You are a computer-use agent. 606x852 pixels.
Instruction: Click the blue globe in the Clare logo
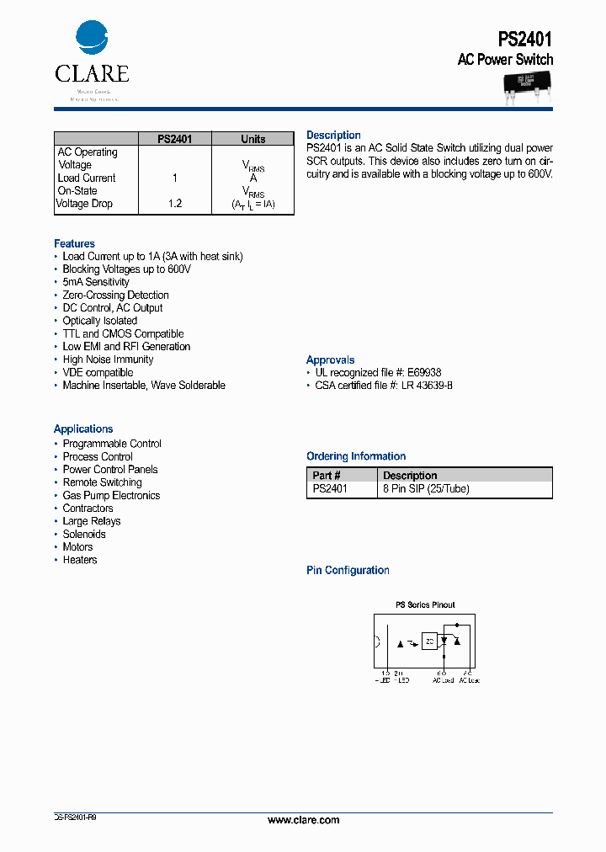click(x=92, y=39)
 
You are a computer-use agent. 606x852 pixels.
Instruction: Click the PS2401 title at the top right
click(x=525, y=39)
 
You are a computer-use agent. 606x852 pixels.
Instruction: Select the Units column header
click(x=252, y=139)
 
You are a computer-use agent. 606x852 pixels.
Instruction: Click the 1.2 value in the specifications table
click(x=175, y=204)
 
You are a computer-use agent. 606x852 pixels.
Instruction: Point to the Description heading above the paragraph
click(x=333, y=136)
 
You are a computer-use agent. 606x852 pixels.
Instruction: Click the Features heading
click(x=75, y=244)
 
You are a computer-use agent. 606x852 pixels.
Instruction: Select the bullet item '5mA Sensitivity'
click(x=96, y=282)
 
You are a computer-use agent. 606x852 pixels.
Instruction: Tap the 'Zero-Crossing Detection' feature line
click(x=115, y=296)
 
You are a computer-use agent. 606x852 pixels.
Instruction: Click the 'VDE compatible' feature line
click(x=98, y=373)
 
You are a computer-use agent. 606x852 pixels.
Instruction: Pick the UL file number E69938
click(x=423, y=372)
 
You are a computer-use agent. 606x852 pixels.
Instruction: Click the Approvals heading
click(x=331, y=360)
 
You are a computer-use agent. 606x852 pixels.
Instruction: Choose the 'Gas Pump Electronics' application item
click(x=111, y=496)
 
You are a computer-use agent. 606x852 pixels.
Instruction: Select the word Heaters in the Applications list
click(x=80, y=560)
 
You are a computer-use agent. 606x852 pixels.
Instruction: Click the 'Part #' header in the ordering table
click(x=327, y=476)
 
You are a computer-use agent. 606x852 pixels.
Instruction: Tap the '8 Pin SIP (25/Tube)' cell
click(x=426, y=488)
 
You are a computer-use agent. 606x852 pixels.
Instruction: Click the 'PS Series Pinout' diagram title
click(x=425, y=605)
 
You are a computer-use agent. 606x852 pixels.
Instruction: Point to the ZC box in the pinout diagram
click(x=429, y=642)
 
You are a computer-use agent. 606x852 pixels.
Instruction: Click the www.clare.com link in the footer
click(x=303, y=820)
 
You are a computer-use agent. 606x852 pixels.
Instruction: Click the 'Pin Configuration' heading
click(x=348, y=571)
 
